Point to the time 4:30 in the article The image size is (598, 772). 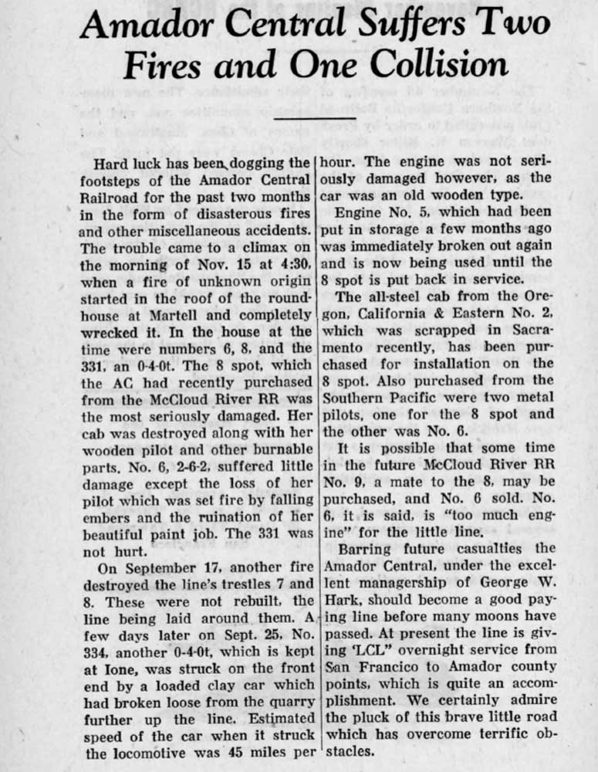coord(293,265)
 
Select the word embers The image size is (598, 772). coord(110,517)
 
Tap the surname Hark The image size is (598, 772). coord(341,598)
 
